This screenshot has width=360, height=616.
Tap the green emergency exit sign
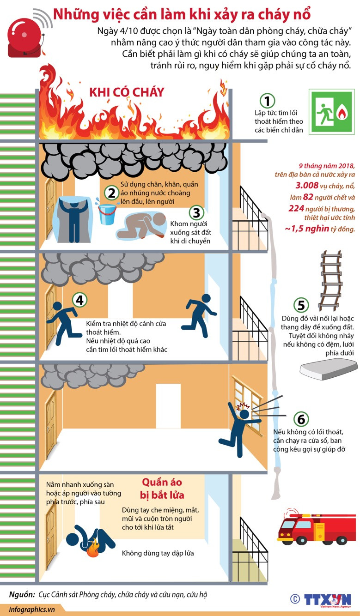tap(331, 111)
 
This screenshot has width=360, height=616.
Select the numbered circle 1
tap(267, 101)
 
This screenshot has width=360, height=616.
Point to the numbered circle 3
tap(196, 212)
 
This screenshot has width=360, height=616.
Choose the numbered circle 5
tap(301, 305)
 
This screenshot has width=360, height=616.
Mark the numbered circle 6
tap(301, 419)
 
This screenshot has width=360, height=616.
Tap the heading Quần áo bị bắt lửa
tap(163, 489)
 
